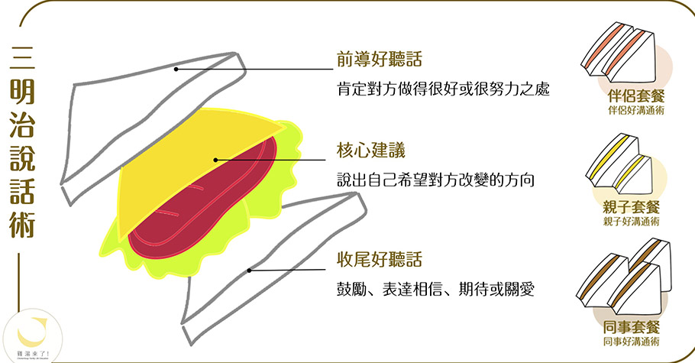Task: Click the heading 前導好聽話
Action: (380, 60)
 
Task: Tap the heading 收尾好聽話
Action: (380, 260)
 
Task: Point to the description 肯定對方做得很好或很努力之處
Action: (444, 89)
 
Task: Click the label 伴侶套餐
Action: (631, 98)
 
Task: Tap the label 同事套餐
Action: (631, 329)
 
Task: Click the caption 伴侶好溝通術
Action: (631, 111)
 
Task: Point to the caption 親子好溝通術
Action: (631, 221)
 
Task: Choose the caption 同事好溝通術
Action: (631, 342)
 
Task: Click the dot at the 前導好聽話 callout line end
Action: (175, 70)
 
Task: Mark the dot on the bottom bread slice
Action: (250, 270)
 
